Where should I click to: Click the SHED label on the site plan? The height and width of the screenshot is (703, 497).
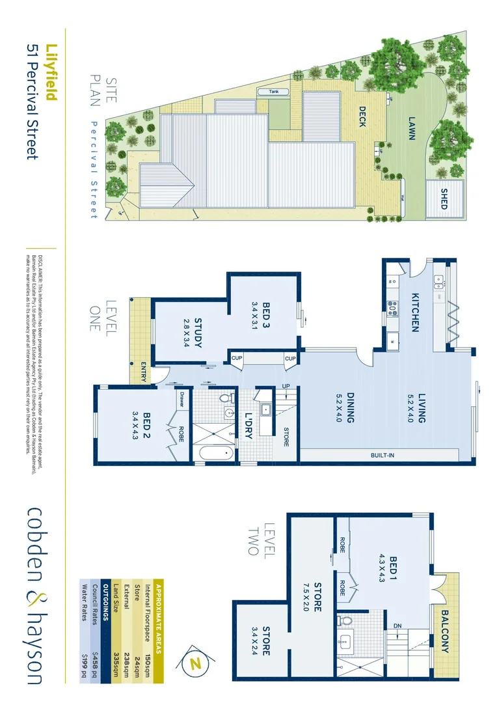444,199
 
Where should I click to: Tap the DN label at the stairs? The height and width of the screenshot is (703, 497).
397,626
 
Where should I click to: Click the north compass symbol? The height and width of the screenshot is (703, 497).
194,663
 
